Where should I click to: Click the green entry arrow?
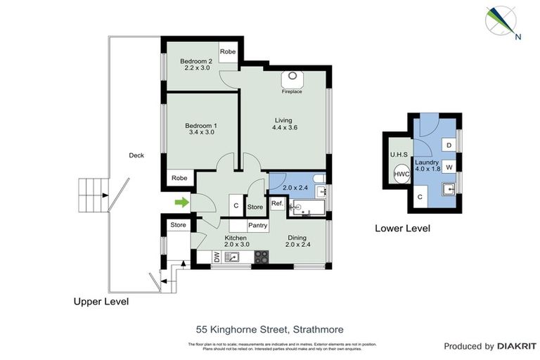(182, 203)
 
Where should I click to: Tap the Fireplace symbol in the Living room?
(292, 79)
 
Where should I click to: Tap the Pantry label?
(259, 226)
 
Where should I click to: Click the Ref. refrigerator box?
(277, 205)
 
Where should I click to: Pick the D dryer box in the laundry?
(448, 145)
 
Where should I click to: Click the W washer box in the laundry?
(448, 167)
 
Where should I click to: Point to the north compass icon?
(501, 22)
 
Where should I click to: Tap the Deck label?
(136, 155)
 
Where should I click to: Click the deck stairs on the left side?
(92, 195)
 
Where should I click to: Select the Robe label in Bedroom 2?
(227, 52)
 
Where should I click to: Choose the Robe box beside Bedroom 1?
(179, 179)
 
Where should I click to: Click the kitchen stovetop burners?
(261, 257)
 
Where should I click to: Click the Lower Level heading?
(401, 229)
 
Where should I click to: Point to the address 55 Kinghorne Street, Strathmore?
(269, 328)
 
